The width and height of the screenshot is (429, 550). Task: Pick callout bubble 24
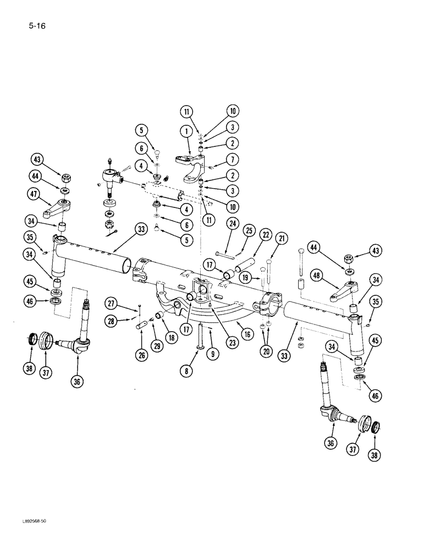[232, 223]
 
